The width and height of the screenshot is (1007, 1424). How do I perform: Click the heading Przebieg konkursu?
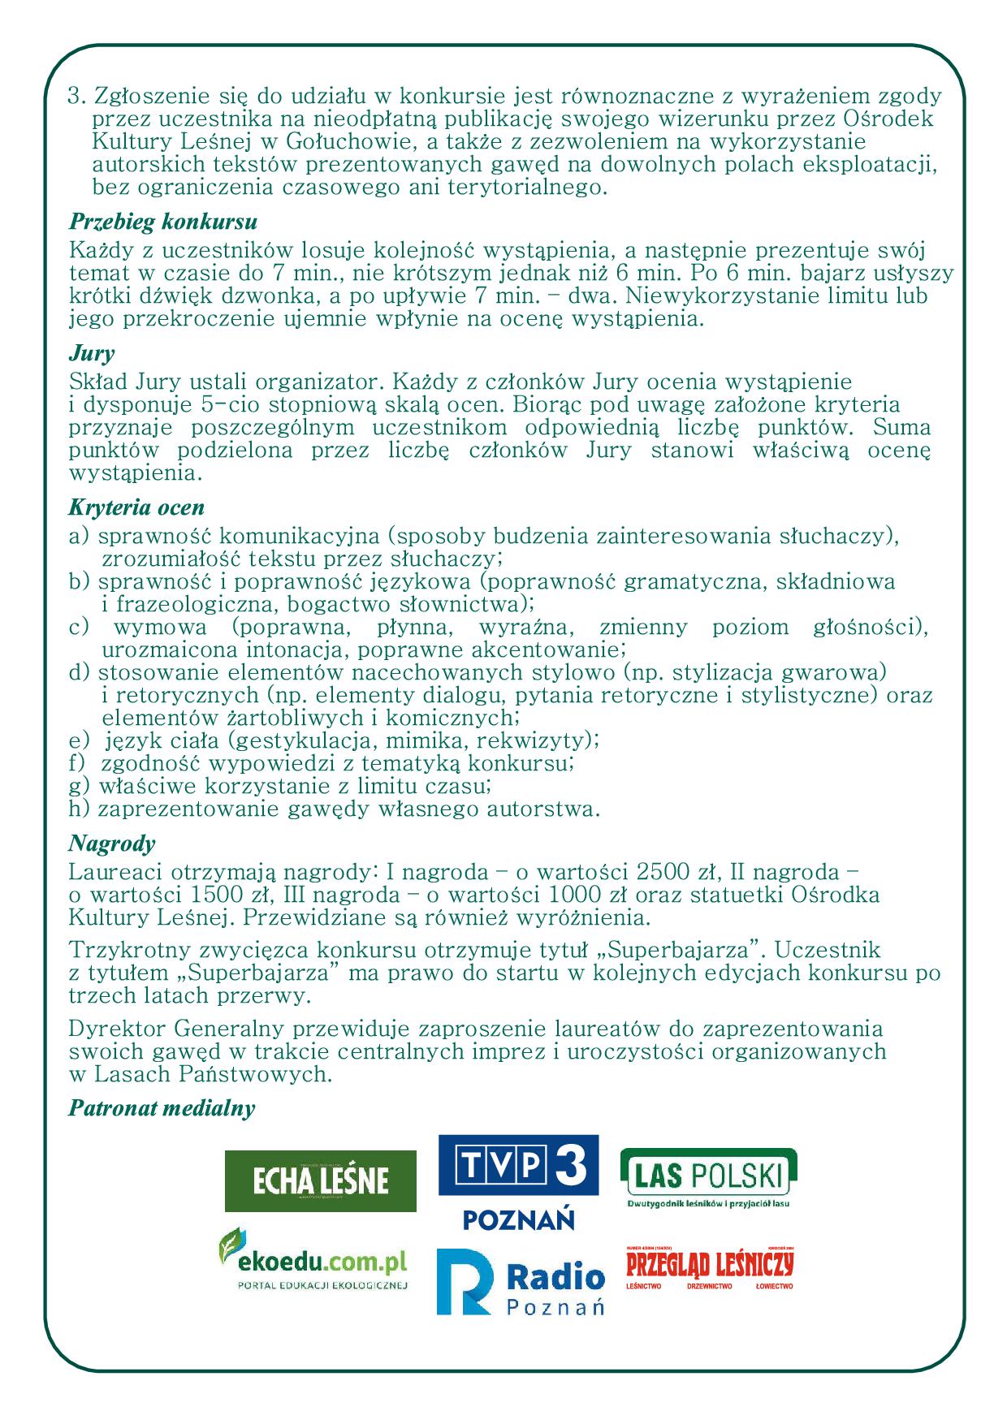coord(163,222)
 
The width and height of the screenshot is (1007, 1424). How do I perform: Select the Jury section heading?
coord(91,353)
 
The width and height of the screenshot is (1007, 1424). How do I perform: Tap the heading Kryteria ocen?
coord(136,507)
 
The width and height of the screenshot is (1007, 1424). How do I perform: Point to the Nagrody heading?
coord(111,844)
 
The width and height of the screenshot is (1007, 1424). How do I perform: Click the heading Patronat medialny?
coord(162,1108)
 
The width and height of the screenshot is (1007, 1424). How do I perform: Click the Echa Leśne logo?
coord(320,1180)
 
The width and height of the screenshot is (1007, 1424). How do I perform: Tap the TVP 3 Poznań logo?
coord(518,1182)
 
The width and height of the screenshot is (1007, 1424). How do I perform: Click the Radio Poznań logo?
coord(520,1282)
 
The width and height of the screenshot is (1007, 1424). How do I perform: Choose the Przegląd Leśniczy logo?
coord(709,1266)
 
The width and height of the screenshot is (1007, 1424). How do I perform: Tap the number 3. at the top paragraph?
coord(77,97)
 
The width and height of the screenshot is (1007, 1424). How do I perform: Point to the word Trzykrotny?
coord(130,950)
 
